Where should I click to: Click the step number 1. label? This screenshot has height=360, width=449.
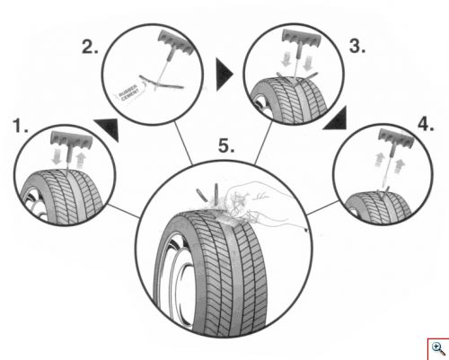pos(21,126)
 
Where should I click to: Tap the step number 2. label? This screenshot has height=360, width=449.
pos(90,47)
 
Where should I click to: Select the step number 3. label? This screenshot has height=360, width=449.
pos(357,46)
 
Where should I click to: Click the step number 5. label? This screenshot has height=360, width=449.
pos(226,146)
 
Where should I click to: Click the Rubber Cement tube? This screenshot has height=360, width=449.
pos(129,92)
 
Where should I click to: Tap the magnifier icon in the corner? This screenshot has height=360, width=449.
pos(438,349)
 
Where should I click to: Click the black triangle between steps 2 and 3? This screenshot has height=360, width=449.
pos(224,75)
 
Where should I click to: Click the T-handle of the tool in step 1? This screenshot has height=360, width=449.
pos(72,139)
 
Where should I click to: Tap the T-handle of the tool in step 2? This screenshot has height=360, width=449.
pos(176,42)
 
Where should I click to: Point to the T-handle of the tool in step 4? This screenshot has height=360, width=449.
pos(396,136)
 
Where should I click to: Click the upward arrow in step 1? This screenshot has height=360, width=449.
pos(81,161)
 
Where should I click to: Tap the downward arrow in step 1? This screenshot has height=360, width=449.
pos(57,157)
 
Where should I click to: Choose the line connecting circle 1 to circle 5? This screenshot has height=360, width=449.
pos(124,211)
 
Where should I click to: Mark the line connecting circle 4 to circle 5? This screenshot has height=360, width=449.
pos(323,208)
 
